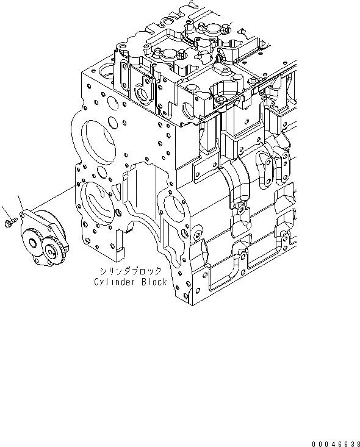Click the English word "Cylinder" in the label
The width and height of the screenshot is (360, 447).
click(x=113, y=282)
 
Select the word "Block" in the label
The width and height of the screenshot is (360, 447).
click(x=152, y=282)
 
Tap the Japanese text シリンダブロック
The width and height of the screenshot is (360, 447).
click(x=131, y=271)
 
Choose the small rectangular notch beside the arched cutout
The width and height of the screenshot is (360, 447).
click(x=121, y=250)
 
